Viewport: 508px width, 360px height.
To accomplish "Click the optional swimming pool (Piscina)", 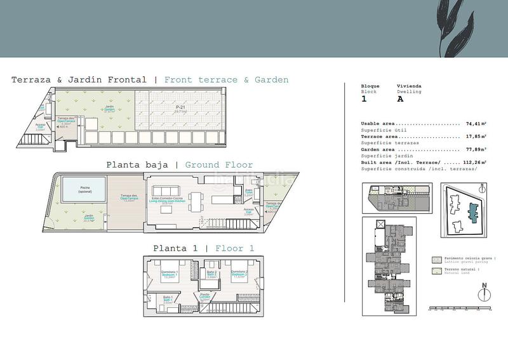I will click(x=85, y=189).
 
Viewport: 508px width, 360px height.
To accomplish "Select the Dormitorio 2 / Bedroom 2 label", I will click(x=239, y=273).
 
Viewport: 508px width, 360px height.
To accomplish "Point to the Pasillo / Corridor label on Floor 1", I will click(x=205, y=296).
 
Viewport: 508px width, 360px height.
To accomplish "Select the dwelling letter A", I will click(x=400, y=99).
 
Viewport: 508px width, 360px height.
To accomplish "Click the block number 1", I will click(x=364, y=99).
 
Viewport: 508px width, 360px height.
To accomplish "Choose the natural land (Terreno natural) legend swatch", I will click(x=436, y=272).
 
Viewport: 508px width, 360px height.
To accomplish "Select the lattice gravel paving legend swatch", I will click(x=436, y=260).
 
